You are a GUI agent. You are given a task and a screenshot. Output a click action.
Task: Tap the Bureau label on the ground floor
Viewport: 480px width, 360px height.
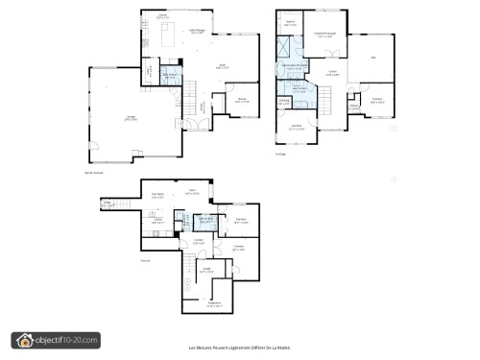click(243, 100)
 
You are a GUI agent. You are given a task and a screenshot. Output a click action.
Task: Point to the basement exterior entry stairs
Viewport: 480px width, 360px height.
click(107, 204)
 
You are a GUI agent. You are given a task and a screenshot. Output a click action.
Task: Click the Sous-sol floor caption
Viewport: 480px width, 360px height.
click(145, 260)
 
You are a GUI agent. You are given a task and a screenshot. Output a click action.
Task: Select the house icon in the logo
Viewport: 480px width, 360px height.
click(22, 340)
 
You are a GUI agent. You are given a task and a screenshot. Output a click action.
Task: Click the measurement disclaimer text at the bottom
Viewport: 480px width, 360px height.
click(239, 348)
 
